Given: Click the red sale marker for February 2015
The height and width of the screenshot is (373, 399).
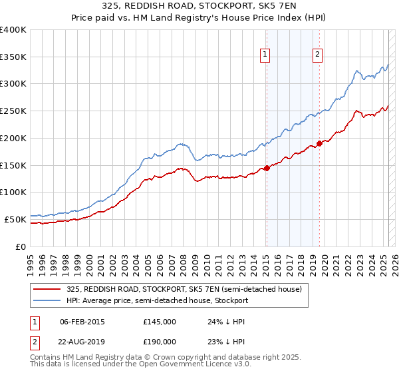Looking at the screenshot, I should point(267,168).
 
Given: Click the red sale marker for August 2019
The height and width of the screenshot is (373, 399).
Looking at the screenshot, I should point(320,143).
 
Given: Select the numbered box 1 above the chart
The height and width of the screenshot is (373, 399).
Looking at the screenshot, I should point(265,55).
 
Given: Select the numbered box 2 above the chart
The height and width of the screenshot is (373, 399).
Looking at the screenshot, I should point(318,55).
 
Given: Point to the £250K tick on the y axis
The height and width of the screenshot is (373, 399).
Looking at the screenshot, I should point(13,111).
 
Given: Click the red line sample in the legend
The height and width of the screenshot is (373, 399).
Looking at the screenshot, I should point(47,289).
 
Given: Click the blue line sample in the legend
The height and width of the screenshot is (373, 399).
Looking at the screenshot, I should point(47,300).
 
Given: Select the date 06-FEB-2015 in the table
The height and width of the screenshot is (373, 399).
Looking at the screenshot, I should point(82,322).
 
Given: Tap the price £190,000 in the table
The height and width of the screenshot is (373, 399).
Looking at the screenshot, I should point(160,341).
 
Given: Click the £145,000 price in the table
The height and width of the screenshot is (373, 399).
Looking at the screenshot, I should point(160,322).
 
